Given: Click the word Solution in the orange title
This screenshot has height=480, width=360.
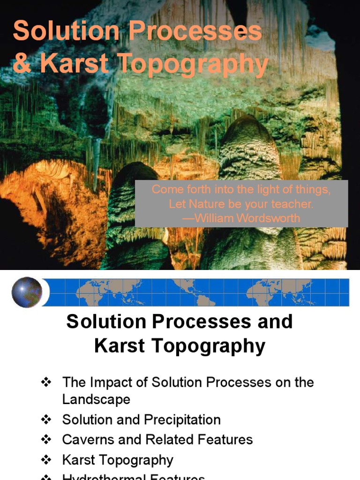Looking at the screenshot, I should (66, 32).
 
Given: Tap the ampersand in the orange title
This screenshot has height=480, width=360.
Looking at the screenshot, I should (22, 65).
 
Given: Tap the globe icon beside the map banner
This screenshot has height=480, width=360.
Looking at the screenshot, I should (27, 292).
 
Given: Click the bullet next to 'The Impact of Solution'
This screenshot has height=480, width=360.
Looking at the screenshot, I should (46, 382).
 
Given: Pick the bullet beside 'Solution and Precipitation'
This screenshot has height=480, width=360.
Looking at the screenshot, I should (46, 419).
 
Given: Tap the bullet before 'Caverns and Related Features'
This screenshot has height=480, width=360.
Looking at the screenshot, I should (46, 439).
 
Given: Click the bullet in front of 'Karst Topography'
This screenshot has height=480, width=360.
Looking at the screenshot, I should (46, 460).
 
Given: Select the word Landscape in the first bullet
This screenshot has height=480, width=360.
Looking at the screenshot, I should (96, 399).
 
